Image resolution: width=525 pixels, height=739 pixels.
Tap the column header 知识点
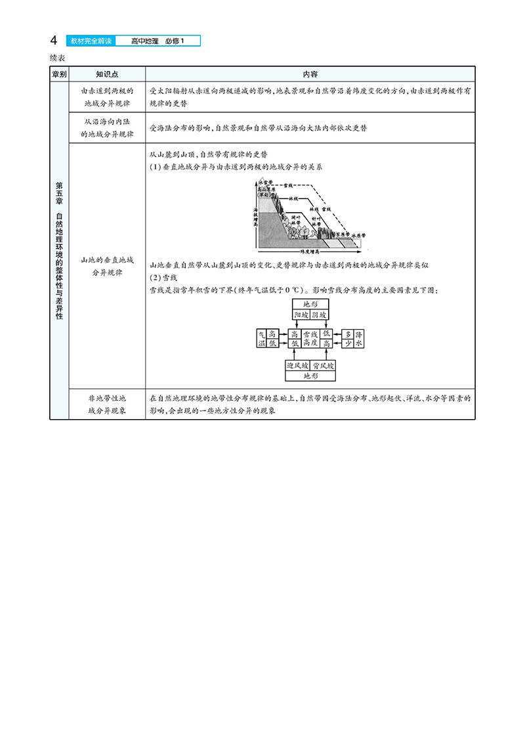pyautogui.click(x=106, y=74)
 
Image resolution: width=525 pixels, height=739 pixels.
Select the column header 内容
pyautogui.click(x=310, y=74)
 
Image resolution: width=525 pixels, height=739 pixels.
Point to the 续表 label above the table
pyautogui.click(x=58, y=58)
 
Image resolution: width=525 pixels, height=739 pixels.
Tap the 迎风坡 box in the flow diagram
pyautogui.click(x=298, y=365)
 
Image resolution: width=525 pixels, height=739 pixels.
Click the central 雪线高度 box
pyautogui.click(x=310, y=339)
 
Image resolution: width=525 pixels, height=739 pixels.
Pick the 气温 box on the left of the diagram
pyautogui.click(x=261, y=339)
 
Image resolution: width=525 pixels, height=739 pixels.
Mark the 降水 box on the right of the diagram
pyautogui.click(x=358, y=339)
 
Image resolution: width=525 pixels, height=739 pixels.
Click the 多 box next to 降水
pyautogui.click(x=348, y=334)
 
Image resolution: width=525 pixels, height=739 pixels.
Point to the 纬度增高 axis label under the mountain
pyautogui.click(x=309, y=252)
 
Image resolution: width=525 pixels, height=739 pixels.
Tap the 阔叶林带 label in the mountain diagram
pyautogui.click(x=294, y=219)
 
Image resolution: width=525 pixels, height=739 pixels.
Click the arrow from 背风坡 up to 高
pyautogui.click(x=326, y=355)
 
